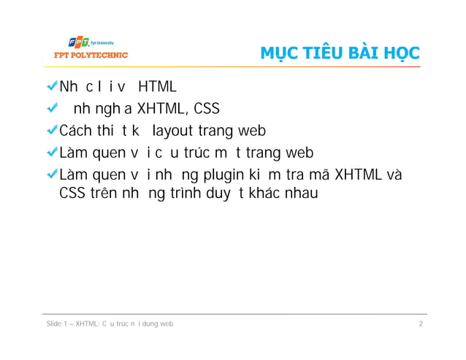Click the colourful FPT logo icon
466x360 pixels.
point(78,42)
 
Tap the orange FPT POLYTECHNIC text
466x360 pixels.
point(87,55)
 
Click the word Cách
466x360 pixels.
point(75,131)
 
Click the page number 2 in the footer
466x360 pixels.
point(421,323)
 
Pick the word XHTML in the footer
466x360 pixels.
point(91,323)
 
